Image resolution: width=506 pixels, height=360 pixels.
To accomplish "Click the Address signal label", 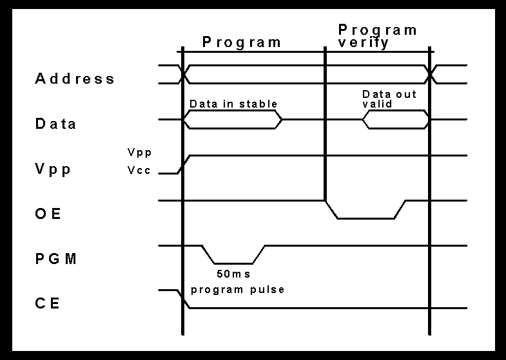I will click(75, 79).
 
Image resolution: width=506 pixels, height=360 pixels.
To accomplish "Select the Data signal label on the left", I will click(55, 124).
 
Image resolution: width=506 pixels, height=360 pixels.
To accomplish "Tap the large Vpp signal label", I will click(53, 169).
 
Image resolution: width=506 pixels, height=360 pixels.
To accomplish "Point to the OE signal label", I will click(48, 214).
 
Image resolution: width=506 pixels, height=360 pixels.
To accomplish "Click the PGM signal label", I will click(56, 259).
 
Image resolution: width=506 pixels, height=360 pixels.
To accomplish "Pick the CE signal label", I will click(48, 303).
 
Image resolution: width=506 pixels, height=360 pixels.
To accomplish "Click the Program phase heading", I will click(242, 43).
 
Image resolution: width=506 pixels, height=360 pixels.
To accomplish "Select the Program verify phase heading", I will click(378, 36).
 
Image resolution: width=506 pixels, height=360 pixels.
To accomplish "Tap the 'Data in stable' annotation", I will click(233, 104).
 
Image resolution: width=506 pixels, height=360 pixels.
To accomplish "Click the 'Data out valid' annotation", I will click(389, 99).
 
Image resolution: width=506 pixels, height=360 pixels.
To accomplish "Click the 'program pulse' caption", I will click(238, 289).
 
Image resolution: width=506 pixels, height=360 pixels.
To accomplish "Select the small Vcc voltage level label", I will click(139, 171).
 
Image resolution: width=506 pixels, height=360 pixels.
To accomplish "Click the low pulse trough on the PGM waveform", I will click(233, 263).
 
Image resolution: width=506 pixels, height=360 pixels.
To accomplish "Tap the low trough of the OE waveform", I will click(365, 218).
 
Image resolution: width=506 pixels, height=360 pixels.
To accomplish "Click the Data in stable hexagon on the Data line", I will click(233, 120).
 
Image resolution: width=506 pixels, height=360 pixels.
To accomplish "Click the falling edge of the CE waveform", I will click(183, 299).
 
